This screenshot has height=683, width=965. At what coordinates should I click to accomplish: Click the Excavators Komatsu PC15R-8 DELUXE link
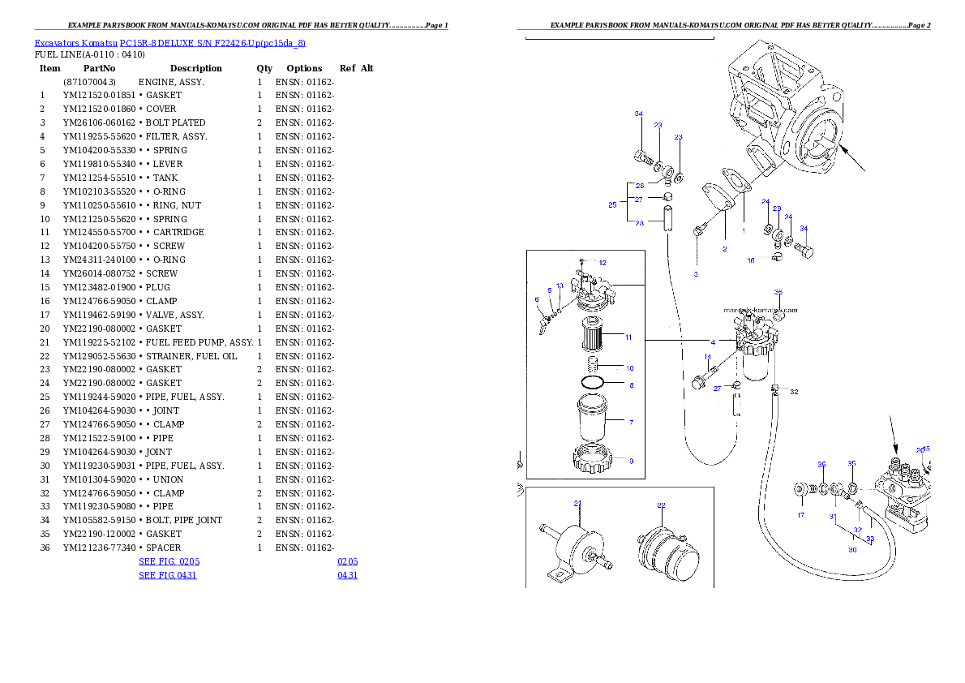(x=169, y=43)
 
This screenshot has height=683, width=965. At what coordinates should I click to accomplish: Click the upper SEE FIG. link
(x=169, y=561)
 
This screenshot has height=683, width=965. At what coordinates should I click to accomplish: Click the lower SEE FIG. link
(x=167, y=575)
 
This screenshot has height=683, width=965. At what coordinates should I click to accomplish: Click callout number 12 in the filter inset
(x=603, y=263)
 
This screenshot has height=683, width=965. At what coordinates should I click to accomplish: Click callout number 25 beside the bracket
(x=613, y=205)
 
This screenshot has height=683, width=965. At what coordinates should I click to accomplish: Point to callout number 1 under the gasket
(x=743, y=230)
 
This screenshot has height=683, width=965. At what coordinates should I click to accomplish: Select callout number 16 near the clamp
(x=751, y=260)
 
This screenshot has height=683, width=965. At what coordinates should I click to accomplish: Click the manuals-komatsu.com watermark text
(x=761, y=310)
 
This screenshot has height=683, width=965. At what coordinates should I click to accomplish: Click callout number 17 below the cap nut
(x=800, y=515)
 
